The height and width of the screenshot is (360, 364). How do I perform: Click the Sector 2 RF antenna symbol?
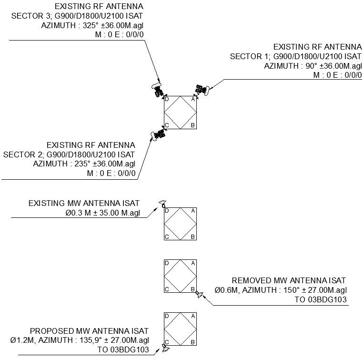click(x=158, y=135)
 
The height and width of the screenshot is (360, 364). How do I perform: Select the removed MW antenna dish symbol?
click(x=199, y=294)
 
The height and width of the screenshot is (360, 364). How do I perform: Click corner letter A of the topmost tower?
click(x=193, y=99)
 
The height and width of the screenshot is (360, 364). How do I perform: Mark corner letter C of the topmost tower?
click(x=167, y=125)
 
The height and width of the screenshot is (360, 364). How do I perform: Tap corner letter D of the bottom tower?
click(x=167, y=316)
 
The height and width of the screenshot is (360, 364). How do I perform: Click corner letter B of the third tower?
click(x=193, y=289)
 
